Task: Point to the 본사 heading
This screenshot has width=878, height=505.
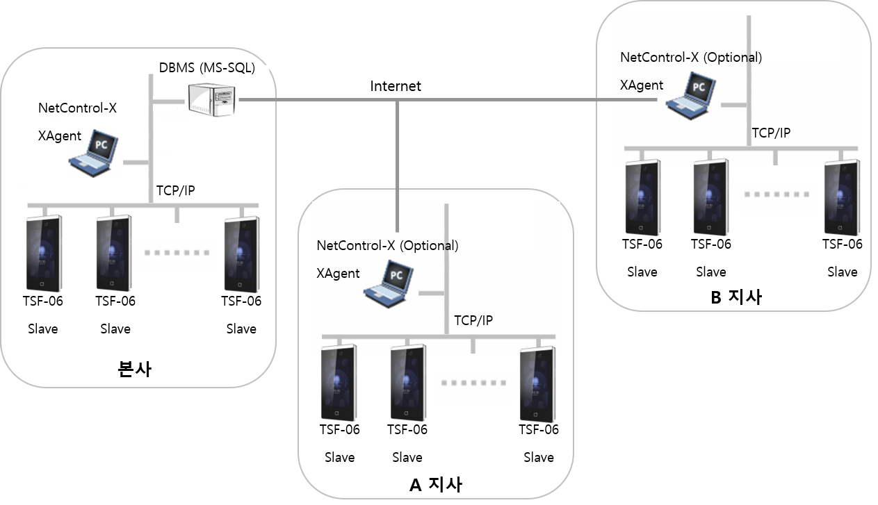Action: coord(135,369)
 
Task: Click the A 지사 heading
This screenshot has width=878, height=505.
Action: coord(435,484)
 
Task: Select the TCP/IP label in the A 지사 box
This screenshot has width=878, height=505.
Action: coord(473,320)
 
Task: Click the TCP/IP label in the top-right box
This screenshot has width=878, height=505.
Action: coord(771,133)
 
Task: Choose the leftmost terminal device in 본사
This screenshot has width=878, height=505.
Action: coord(44,254)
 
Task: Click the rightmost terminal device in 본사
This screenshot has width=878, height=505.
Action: coord(242,254)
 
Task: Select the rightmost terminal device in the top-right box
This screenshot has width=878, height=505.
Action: coord(841,197)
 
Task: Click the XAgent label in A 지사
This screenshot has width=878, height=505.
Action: coord(338,273)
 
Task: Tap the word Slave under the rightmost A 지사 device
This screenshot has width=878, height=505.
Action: coord(538,457)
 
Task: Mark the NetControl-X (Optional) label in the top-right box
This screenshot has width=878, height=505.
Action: coord(690,58)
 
